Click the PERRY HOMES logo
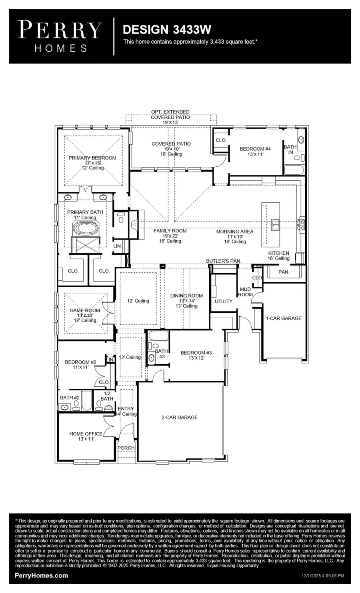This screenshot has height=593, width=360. [x=60, y=36]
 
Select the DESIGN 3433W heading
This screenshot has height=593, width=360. [x=167, y=30]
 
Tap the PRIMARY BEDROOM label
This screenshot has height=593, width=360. [x=92, y=158]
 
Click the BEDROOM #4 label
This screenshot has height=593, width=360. [x=255, y=149]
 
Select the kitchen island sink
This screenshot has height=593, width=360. [x=275, y=225]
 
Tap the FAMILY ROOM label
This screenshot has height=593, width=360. [x=170, y=231]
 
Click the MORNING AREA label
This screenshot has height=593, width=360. [x=234, y=232]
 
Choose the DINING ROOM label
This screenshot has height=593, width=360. [x=186, y=296]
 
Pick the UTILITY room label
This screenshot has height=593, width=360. [x=223, y=301]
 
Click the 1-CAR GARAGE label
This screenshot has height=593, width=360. [x=284, y=318]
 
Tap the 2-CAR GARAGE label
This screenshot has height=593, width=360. [x=179, y=417]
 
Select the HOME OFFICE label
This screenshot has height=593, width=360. [x=86, y=434]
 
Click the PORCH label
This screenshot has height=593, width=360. [x=126, y=448]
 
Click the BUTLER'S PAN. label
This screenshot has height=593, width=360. [x=224, y=261]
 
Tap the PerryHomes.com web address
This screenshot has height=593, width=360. [x=41, y=576]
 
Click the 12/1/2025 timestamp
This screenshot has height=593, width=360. [x=322, y=576]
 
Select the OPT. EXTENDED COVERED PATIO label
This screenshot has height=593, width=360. [x=170, y=114]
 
